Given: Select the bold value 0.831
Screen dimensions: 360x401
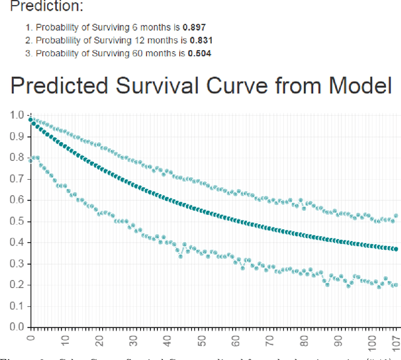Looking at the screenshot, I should click(x=198, y=40).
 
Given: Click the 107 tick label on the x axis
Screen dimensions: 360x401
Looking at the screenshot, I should click(x=395, y=341).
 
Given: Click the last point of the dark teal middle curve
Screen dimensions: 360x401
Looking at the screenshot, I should click(x=395, y=249).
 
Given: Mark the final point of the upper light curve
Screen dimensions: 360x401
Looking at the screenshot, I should click(x=395, y=215).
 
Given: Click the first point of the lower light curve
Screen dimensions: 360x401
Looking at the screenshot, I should click(x=31, y=160).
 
